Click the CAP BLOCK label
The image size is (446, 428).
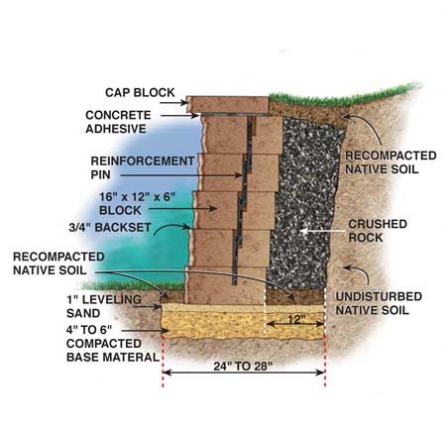click(140, 92)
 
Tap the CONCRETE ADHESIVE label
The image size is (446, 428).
click(118, 122)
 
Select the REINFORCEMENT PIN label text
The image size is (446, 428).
click(143, 167)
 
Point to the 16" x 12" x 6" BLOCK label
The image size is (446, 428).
click(137, 203)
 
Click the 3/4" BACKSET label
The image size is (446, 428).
click(110, 227)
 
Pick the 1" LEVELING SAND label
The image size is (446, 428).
click(104, 306)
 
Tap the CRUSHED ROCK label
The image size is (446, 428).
click(378, 231)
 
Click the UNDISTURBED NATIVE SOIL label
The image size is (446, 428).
click(379, 303)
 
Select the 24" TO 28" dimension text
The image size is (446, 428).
click(243, 367)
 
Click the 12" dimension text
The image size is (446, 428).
click(296, 319)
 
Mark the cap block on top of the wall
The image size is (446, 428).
click(228, 104)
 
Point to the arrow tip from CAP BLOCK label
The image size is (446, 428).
click(187, 103)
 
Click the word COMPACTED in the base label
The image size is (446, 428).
click(104, 344)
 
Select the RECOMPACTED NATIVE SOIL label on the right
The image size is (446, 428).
click(390, 162)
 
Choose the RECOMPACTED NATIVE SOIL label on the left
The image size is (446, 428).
click(58, 264)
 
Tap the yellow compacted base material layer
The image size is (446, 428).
click(243, 325)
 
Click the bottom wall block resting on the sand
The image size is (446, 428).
click(226, 285)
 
